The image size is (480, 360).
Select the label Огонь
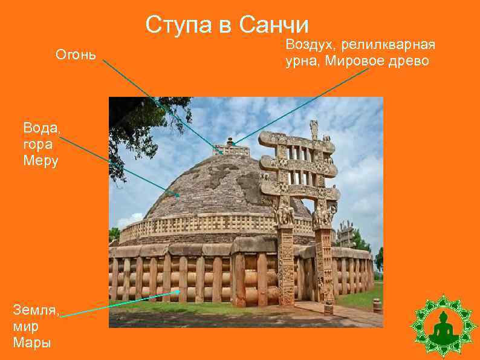76,54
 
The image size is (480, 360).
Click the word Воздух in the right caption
311,45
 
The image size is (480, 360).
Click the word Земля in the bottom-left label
36,310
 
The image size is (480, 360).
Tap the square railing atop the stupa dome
231,149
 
